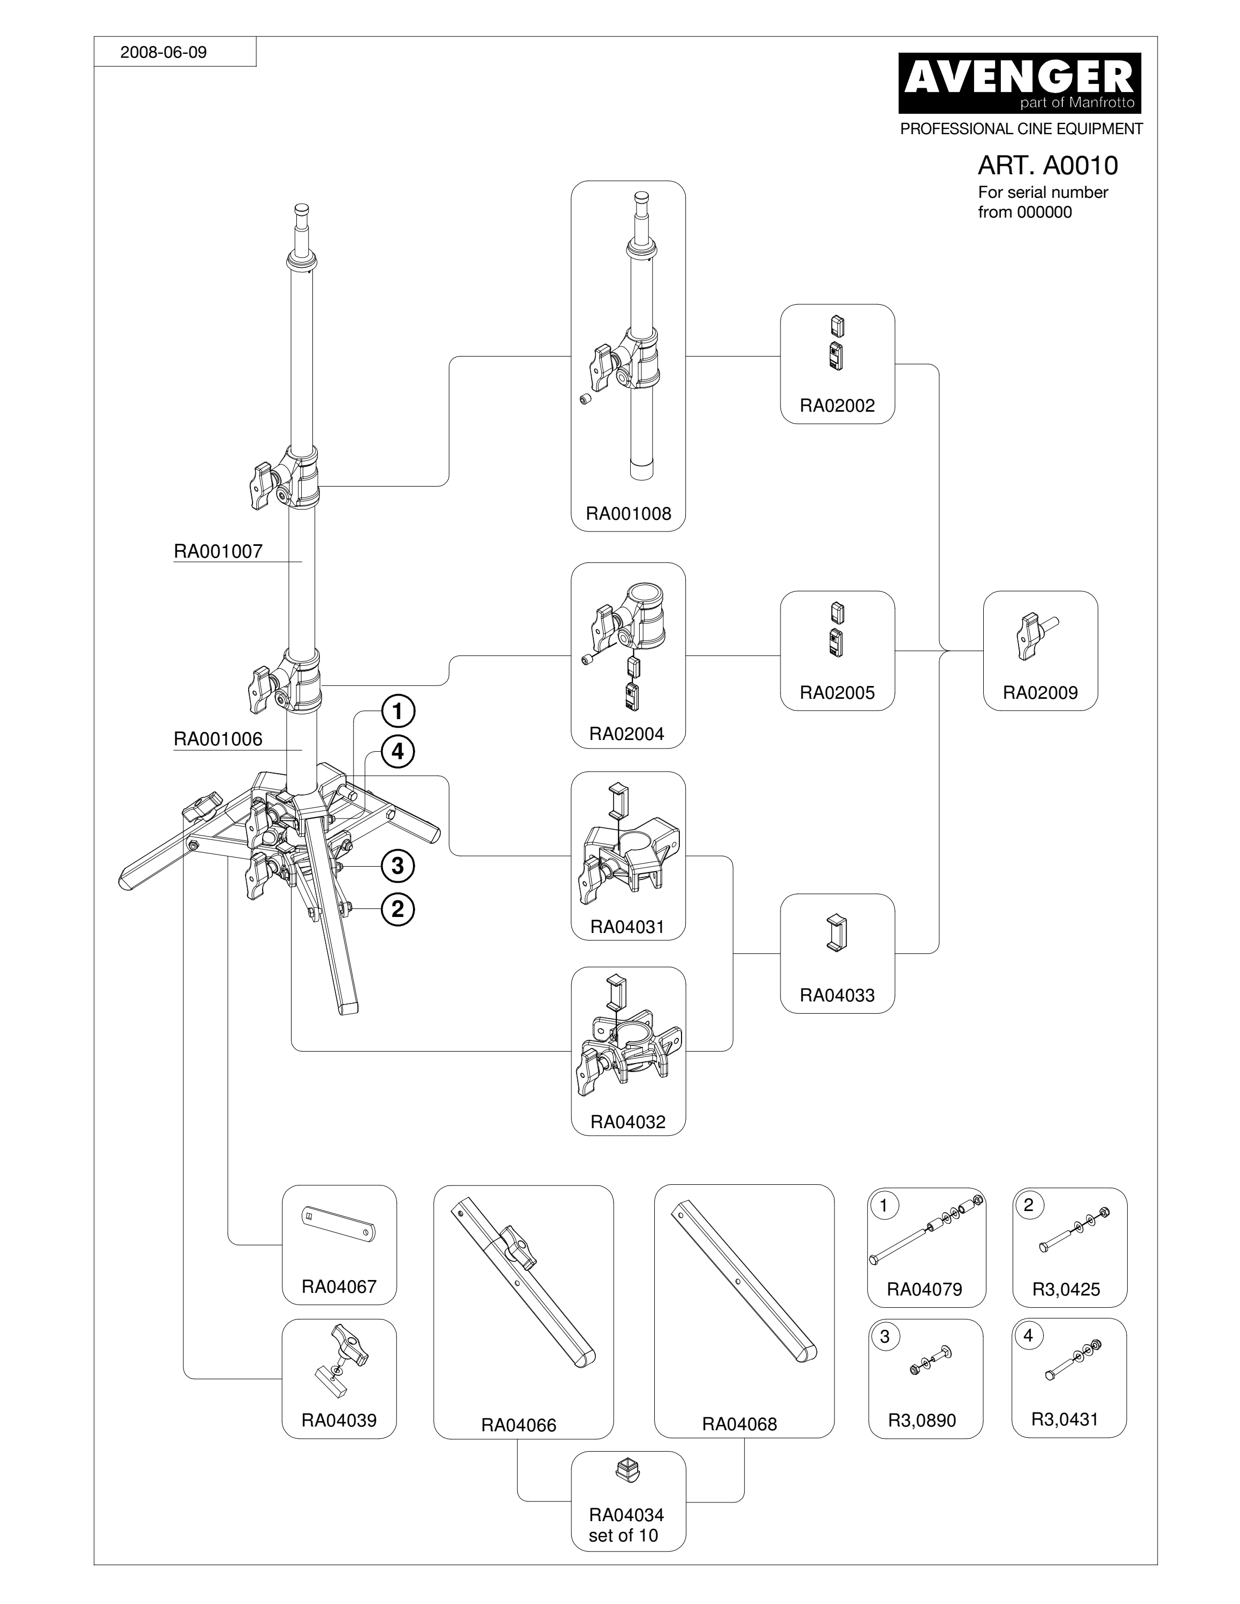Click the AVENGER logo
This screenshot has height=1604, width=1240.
click(1020, 82)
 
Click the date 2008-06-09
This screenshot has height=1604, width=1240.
click(163, 52)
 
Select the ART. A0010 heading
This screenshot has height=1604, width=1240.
click(1047, 165)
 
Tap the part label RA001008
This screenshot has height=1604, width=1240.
click(628, 513)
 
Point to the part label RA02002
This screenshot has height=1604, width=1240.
click(837, 405)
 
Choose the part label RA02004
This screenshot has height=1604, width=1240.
click(626, 733)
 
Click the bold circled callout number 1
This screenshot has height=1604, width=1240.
click(397, 711)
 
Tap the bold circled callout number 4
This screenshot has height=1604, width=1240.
click(397, 752)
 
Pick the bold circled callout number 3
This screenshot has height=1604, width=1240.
click(397, 866)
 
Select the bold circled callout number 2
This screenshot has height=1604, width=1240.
click(397, 910)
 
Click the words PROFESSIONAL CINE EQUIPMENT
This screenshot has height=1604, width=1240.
click(1021, 128)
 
